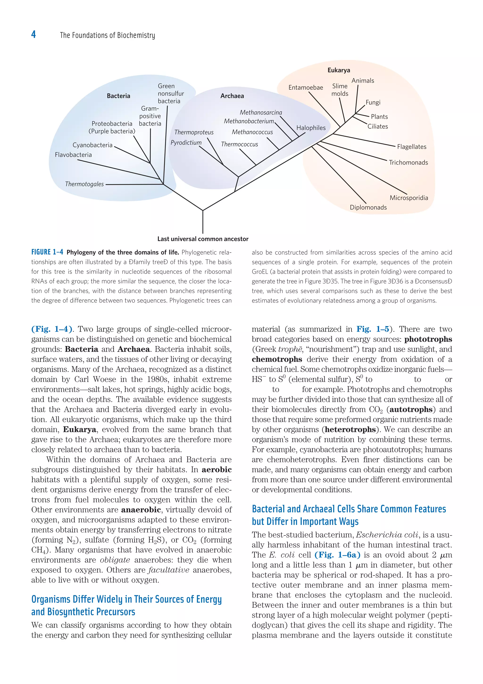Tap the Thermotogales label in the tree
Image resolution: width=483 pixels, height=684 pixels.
(x=84, y=184)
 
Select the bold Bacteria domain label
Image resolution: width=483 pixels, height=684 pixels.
(x=118, y=96)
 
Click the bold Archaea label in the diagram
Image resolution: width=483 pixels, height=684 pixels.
(x=232, y=96)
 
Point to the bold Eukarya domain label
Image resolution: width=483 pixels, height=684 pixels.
(x=339, y=70)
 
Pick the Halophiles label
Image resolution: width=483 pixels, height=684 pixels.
(x=311, y=128)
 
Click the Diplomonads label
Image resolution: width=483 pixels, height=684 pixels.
(x=368, y=207)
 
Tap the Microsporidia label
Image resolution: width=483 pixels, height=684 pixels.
(x=409, y=198)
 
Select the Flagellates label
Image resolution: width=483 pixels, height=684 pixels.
(x=412, y=147)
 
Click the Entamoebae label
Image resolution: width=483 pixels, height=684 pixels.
(x=306, y=88)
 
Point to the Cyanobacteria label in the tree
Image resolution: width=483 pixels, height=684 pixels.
(x=92, y=145)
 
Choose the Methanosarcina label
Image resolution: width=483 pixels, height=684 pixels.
(x=261, y=113)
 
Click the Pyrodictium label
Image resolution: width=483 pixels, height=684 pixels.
(x=186, y=143)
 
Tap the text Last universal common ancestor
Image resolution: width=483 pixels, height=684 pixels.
(x=203, y=239)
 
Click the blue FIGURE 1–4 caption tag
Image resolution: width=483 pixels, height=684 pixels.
(x=47, y=252)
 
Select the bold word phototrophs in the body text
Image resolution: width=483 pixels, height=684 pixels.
(x=428, y=339)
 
